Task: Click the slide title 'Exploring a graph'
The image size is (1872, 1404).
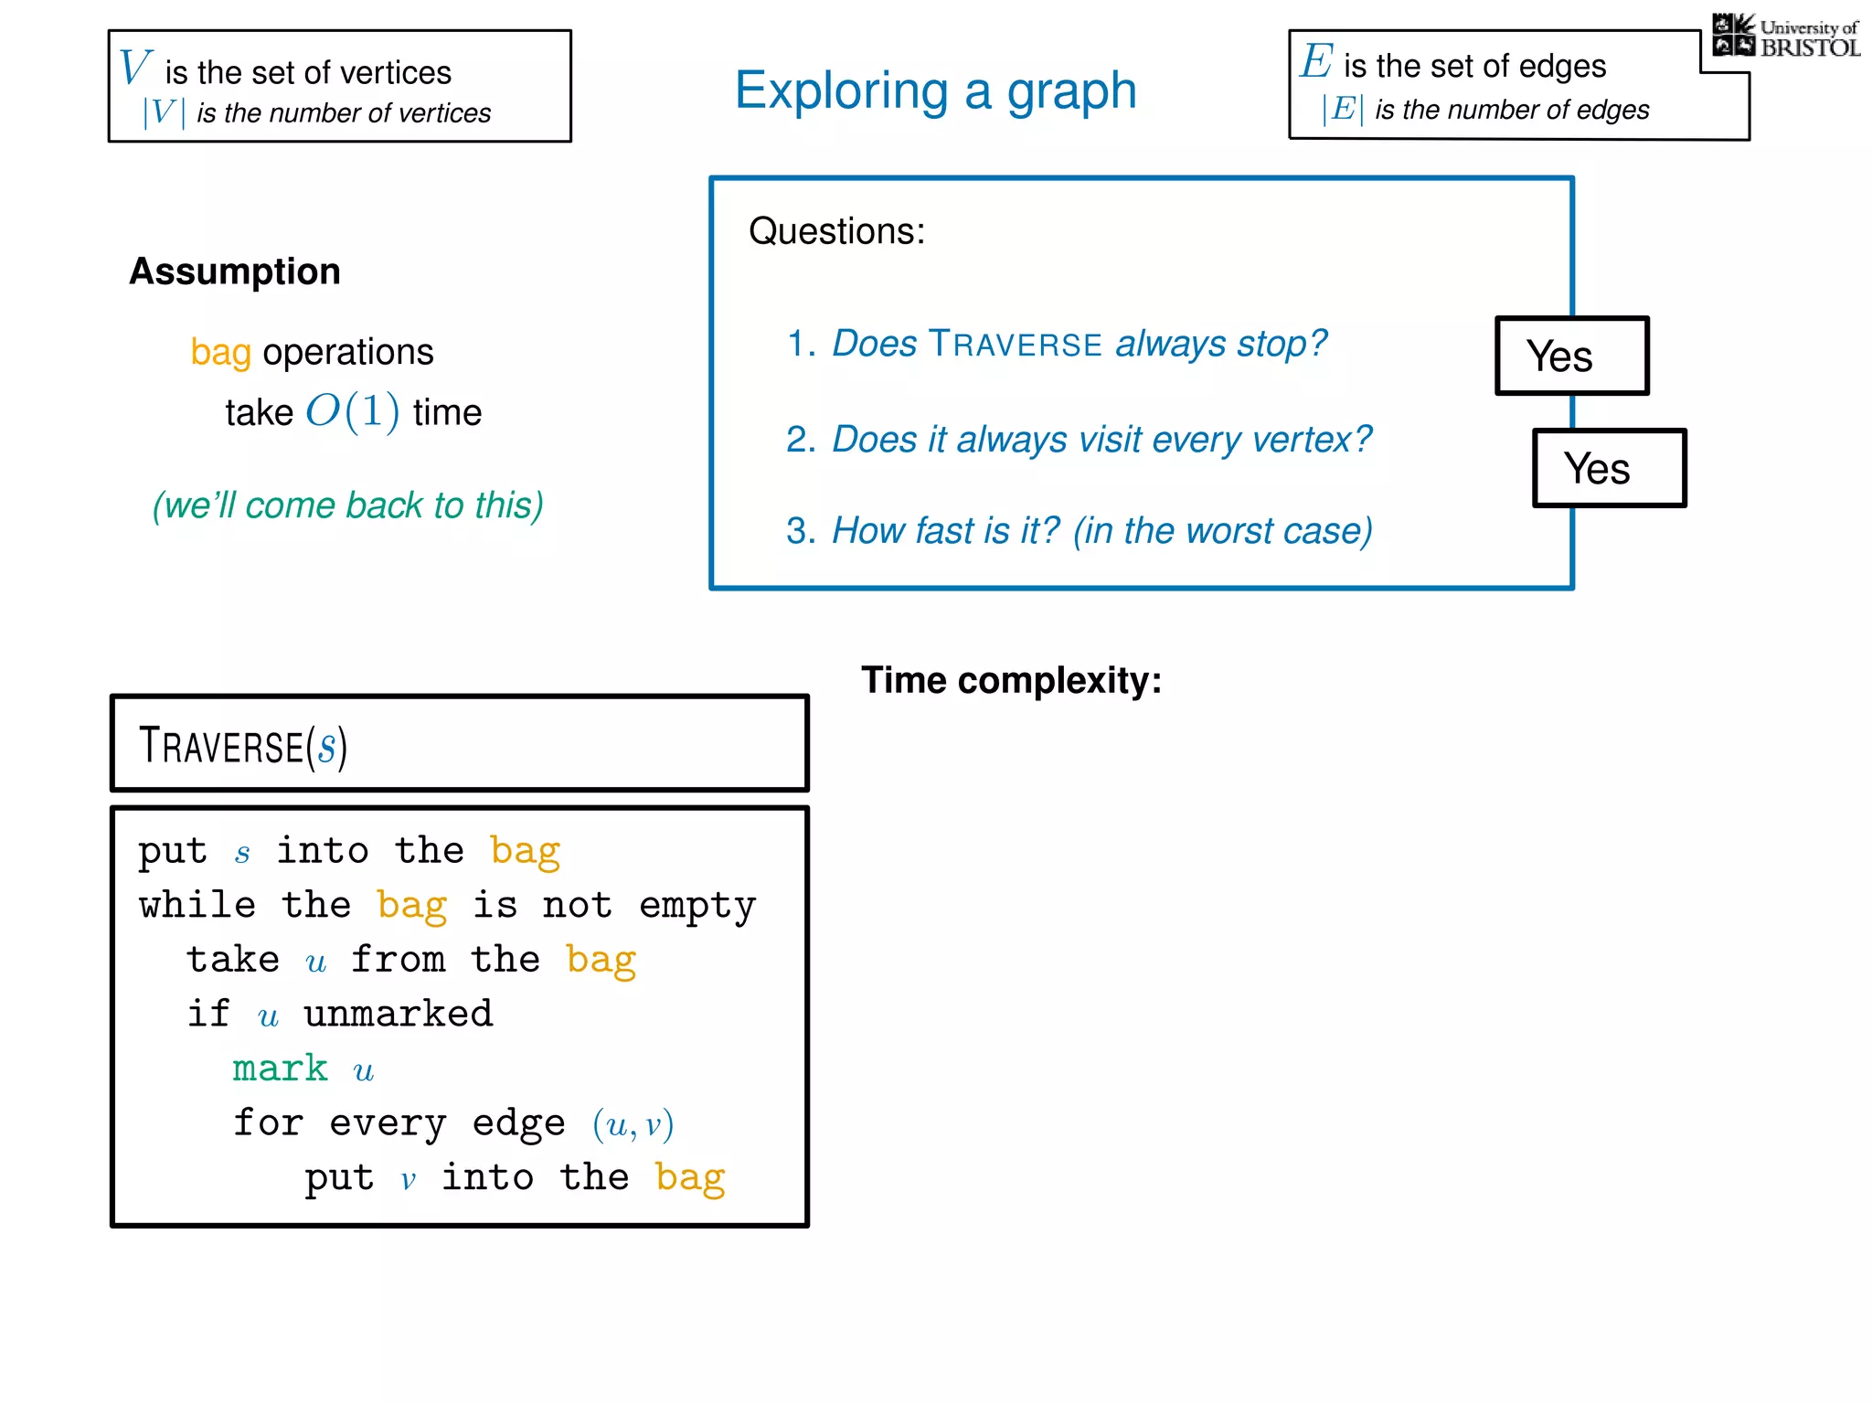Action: point(935,91)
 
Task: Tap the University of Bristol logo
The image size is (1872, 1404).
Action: point(1786,37)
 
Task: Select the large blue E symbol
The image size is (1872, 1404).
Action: point(1316,61)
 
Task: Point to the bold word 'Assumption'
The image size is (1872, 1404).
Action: point(235,271)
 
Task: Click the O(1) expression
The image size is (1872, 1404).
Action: point(352,411)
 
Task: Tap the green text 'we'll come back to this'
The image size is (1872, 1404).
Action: point(347,505)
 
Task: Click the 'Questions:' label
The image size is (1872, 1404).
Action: point(836,231)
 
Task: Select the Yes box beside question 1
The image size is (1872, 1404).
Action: point(1571,356)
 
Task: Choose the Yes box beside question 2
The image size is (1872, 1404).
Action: point(1609,468)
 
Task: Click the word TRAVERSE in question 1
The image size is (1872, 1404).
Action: point(1015,345)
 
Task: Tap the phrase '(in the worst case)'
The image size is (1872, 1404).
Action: point(1222,531)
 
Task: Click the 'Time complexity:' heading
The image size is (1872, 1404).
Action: point(1011,680)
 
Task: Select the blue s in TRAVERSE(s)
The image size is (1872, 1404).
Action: point(326,747)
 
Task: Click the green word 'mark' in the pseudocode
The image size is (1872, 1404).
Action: point(280,1069)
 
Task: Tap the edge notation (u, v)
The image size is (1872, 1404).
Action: point(633,1124)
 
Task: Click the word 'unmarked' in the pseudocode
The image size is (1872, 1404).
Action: point(399,1014)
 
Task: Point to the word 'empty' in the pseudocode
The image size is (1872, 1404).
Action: point(697,906)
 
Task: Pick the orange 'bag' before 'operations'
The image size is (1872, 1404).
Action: point(220,353)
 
